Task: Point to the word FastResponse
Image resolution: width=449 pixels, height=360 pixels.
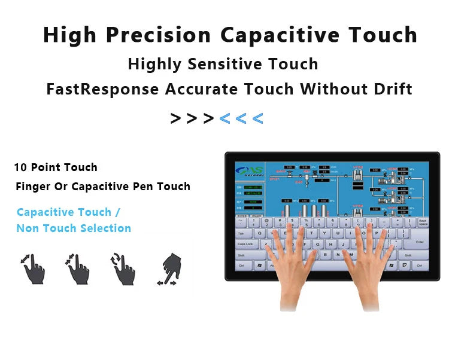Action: coord(102,89)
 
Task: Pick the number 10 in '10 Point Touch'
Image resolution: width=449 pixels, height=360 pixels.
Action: coord(20,167)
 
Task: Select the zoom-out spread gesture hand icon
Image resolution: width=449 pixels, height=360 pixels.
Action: coord(33,269)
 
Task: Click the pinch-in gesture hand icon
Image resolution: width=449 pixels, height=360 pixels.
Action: coord(77,269)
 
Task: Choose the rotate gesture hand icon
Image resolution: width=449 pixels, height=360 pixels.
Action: coord(122,269)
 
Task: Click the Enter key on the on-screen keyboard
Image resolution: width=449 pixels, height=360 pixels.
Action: coord(419,242)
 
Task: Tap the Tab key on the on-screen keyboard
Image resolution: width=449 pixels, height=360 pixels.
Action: coord(241,234)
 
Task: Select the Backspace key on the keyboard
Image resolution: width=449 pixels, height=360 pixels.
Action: coord(423,222)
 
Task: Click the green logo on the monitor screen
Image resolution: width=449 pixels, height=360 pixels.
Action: coord(248,171)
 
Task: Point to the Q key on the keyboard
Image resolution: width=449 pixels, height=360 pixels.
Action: coord(260,234)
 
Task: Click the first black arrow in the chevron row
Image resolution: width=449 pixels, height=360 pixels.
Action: coord(175,118)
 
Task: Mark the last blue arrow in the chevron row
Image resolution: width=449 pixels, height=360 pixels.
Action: coord(257,118)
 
